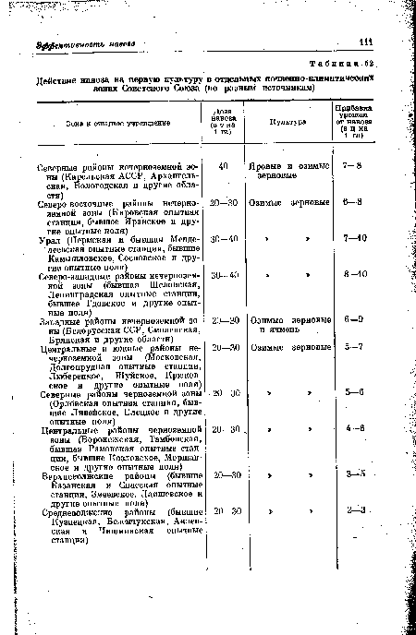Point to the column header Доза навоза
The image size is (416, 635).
tap(219, 121)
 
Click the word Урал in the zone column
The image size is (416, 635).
tap(51, 238)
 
